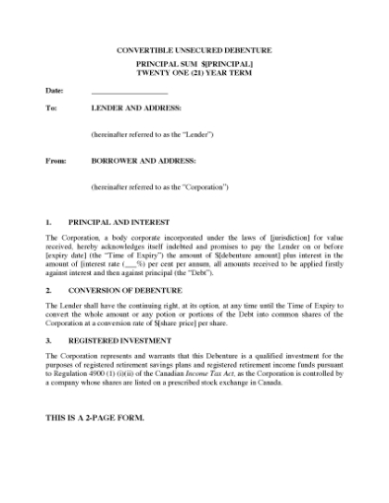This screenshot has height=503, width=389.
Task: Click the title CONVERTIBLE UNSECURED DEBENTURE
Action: pyautogui.click(x=194, y=49)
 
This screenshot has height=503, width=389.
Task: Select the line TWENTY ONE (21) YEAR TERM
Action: pyautogui.click(x=194, y=72)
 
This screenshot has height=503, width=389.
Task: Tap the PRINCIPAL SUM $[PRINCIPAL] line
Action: pyautogui.click(x=194, y=61)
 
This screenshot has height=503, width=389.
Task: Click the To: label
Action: pyautogui.click(x=50, y=108)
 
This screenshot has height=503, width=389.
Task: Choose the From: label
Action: pyautogui.click(x=54, y=160)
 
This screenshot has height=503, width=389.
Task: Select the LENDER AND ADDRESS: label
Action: pyautogui.click(x=130, y=108)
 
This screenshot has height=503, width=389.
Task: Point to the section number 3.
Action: pyautogui.click(x=49, y=338)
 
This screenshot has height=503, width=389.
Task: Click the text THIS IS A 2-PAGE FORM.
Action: pyautogui.click(x=96, y=417)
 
